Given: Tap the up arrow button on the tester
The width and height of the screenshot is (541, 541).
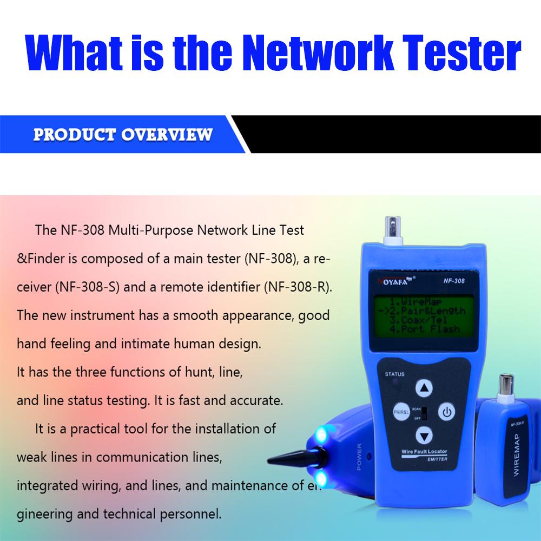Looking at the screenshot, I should point(425,388).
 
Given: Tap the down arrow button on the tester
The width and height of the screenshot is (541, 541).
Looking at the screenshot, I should point(425,434).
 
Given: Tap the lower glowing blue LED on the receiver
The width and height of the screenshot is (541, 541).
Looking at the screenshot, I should point(321,477).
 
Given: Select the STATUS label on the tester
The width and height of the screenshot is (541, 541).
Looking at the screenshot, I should point(395,374).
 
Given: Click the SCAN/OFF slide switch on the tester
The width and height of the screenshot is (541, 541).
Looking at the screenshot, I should point(425,412).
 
